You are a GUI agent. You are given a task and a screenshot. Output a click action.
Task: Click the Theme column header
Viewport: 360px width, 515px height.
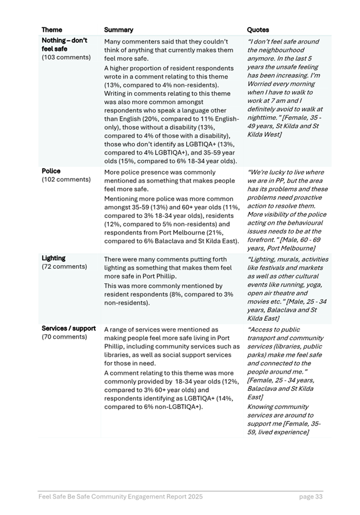point(52,30)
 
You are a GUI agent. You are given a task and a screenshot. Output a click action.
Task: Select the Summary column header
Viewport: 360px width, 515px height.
point(118,30)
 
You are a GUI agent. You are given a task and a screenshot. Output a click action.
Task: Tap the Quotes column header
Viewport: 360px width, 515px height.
point(258,30)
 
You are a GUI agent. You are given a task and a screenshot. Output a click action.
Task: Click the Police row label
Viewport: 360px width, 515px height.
point(51,171)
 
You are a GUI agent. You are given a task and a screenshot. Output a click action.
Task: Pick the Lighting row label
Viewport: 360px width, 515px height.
point(54,258)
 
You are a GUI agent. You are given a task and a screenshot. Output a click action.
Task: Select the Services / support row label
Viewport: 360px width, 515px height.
point(68,329)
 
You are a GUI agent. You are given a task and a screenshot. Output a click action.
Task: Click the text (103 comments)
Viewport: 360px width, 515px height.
point(66,58)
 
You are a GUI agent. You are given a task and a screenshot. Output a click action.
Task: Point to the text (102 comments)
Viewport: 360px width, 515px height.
point(66,180)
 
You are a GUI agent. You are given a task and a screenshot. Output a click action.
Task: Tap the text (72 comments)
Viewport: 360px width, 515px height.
point(64,267)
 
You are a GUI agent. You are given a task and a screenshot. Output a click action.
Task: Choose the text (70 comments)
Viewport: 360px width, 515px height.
point(64,337)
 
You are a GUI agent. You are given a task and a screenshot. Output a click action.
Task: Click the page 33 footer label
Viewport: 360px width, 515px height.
point(311,496)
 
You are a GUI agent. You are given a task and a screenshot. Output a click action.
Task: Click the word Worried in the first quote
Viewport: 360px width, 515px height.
point(261,84)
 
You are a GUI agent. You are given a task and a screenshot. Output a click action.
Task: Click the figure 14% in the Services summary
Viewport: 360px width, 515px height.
point(211,398)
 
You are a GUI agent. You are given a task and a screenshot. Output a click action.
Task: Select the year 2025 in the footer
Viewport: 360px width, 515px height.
point(193,496)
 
